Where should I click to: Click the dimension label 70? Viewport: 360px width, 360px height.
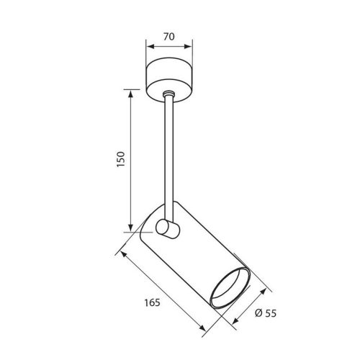pyautogui.click(x=169, y=37)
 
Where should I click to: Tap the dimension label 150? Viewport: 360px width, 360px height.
pyautogui.click(x=121, y=159)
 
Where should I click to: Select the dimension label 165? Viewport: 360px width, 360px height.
pyautogui.click(x=152, y=302)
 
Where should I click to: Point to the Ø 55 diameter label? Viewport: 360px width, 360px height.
pyautogui.click(x=266, y=313)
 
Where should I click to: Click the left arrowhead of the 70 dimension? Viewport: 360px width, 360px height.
pyautogui.click(x=150, y=47)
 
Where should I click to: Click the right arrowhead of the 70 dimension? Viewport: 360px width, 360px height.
pyautogui.click(x=189, y=47)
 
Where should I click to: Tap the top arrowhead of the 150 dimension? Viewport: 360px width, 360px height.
pyautogui.click(x=130, y=94)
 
